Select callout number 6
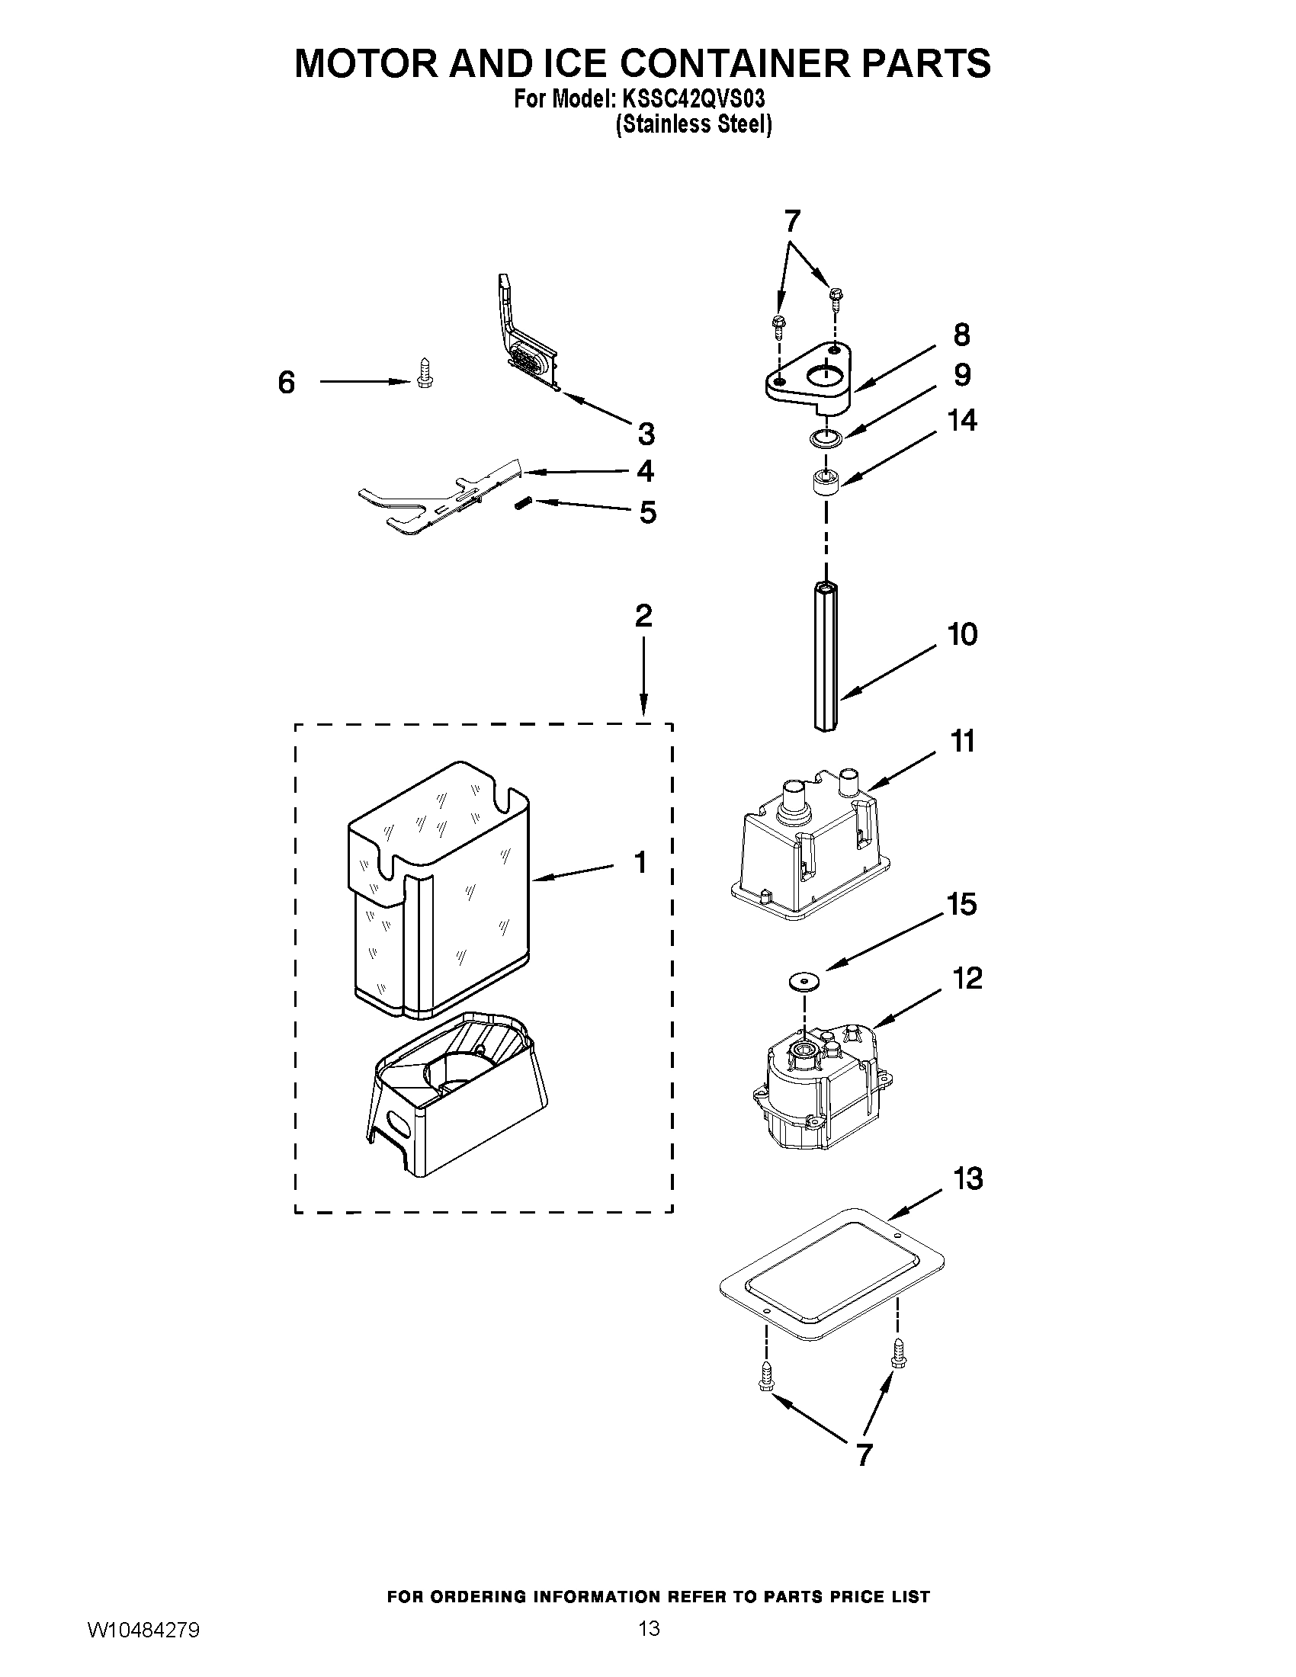287,383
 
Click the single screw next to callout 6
421,374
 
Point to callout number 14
962,421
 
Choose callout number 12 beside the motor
968,979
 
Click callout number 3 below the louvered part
646,434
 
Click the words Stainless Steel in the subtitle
693,125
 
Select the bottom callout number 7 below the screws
865,1455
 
